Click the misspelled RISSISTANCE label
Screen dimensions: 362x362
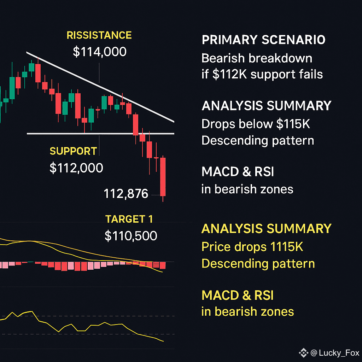point(99,35)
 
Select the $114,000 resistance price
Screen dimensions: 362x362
point(99,52)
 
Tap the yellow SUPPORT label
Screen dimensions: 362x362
point(73,151)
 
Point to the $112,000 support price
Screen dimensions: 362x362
point(76,168)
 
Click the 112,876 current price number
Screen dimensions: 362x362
point(126,193)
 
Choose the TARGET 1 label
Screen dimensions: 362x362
point(129,219)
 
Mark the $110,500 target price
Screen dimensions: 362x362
point(131,236)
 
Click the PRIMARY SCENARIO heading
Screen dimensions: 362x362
point(263,40)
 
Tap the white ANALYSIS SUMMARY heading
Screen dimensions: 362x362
point(267,106)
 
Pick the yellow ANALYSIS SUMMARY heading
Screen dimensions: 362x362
point(267,229)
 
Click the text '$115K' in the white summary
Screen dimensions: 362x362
point(293,124)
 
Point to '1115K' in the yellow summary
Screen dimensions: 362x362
point(286,247)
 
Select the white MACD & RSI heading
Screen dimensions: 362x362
point(238,172)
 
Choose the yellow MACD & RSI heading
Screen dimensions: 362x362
point(238,295)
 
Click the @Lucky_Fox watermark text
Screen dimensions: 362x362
point(335,353)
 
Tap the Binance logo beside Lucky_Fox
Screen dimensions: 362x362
point(304,353)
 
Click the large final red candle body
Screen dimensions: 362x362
point(163,177)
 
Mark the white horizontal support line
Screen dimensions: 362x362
point(100,133)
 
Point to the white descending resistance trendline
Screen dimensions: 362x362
point(100,87)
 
